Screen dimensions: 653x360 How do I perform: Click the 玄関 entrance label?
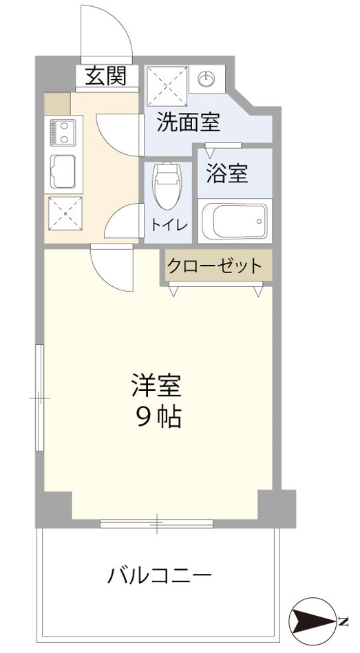[106, 76]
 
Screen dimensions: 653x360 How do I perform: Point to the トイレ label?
[170, 224]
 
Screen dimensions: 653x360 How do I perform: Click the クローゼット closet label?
[214, 266]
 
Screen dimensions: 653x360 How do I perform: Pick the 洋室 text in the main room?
[157, 385]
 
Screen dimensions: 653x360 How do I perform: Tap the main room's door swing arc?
[110, 268]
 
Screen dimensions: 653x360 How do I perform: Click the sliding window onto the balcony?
[157, 524]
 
